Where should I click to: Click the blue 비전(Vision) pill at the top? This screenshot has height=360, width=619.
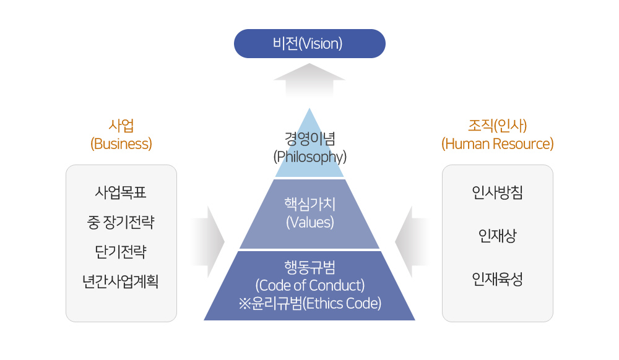309,43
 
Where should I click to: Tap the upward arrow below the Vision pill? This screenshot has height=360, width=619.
309,80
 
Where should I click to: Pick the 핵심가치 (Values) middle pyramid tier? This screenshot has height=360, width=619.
309,214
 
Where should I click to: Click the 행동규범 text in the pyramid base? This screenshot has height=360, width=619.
310,267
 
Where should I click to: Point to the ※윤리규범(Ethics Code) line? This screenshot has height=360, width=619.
310,303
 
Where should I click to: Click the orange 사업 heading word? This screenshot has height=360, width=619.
121,126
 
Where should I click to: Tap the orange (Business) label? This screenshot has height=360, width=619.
121,144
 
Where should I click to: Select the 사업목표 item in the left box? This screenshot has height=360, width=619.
121,192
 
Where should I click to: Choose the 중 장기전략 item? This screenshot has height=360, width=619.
121,222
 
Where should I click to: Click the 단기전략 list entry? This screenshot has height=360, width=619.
121,252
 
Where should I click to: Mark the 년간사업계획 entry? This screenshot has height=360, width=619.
121,281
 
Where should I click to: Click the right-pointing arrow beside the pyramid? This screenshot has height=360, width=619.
209,242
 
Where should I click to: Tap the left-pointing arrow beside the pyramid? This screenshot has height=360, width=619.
412,242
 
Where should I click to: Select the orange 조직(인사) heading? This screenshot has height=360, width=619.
498,126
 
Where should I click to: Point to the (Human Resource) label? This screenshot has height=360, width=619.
498,144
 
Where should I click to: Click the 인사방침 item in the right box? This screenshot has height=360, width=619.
498,192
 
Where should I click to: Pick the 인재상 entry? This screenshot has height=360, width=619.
498,236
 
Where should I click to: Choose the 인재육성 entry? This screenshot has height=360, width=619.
498,279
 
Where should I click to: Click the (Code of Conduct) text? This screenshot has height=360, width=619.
310,285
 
